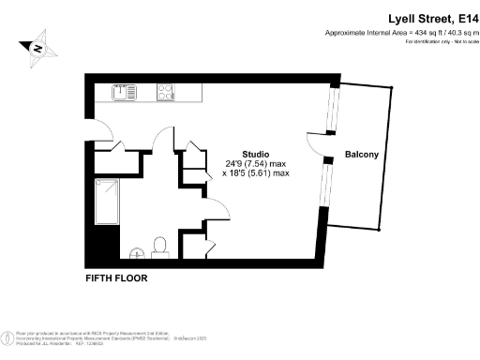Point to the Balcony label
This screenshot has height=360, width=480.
362,154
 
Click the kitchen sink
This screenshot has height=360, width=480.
123,92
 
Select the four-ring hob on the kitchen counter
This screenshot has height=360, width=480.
166,92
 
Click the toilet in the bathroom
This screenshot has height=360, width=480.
159,246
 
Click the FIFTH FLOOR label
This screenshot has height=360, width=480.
116,278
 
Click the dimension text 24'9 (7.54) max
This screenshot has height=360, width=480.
256,163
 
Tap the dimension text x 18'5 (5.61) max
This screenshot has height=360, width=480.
256,173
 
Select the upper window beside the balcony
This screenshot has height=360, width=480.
329,111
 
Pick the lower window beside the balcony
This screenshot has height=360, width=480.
324,184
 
